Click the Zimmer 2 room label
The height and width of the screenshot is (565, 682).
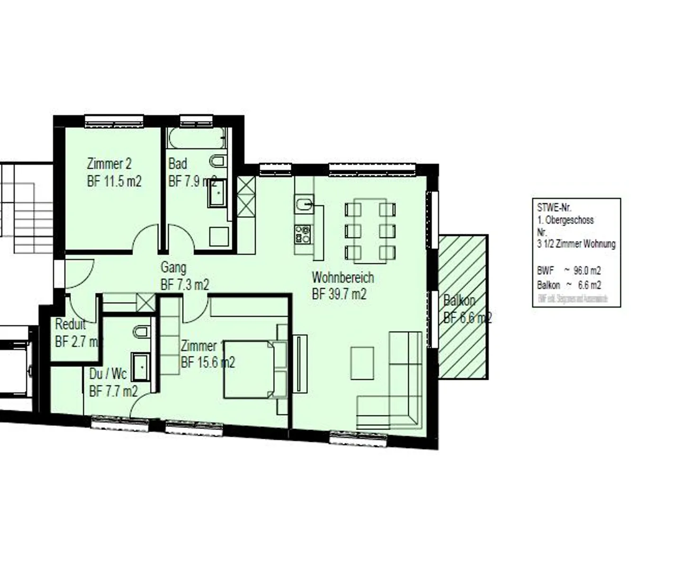pos(109,164)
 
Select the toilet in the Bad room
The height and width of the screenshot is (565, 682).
pos(217,161)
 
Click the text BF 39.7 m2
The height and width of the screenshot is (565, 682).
pos(339,294)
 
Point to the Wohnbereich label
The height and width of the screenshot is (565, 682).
pos(342,277)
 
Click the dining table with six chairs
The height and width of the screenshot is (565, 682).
pos(370,231)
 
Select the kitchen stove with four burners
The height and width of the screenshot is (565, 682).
pos(303,233)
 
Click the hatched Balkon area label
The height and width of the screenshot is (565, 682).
pos(459,301)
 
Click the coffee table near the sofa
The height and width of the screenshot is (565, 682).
pos(362,363)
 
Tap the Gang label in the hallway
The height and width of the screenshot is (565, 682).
pos(173,268)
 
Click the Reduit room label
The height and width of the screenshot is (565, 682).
pos(70,325)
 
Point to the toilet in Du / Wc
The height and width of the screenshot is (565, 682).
pos(141,331)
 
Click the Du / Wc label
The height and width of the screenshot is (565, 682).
pos(108,374)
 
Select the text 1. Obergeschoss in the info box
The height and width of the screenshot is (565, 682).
pos(565,220)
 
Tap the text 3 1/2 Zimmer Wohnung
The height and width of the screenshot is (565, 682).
pos(576,244)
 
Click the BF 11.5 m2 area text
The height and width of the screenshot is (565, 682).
pos(114,181)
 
